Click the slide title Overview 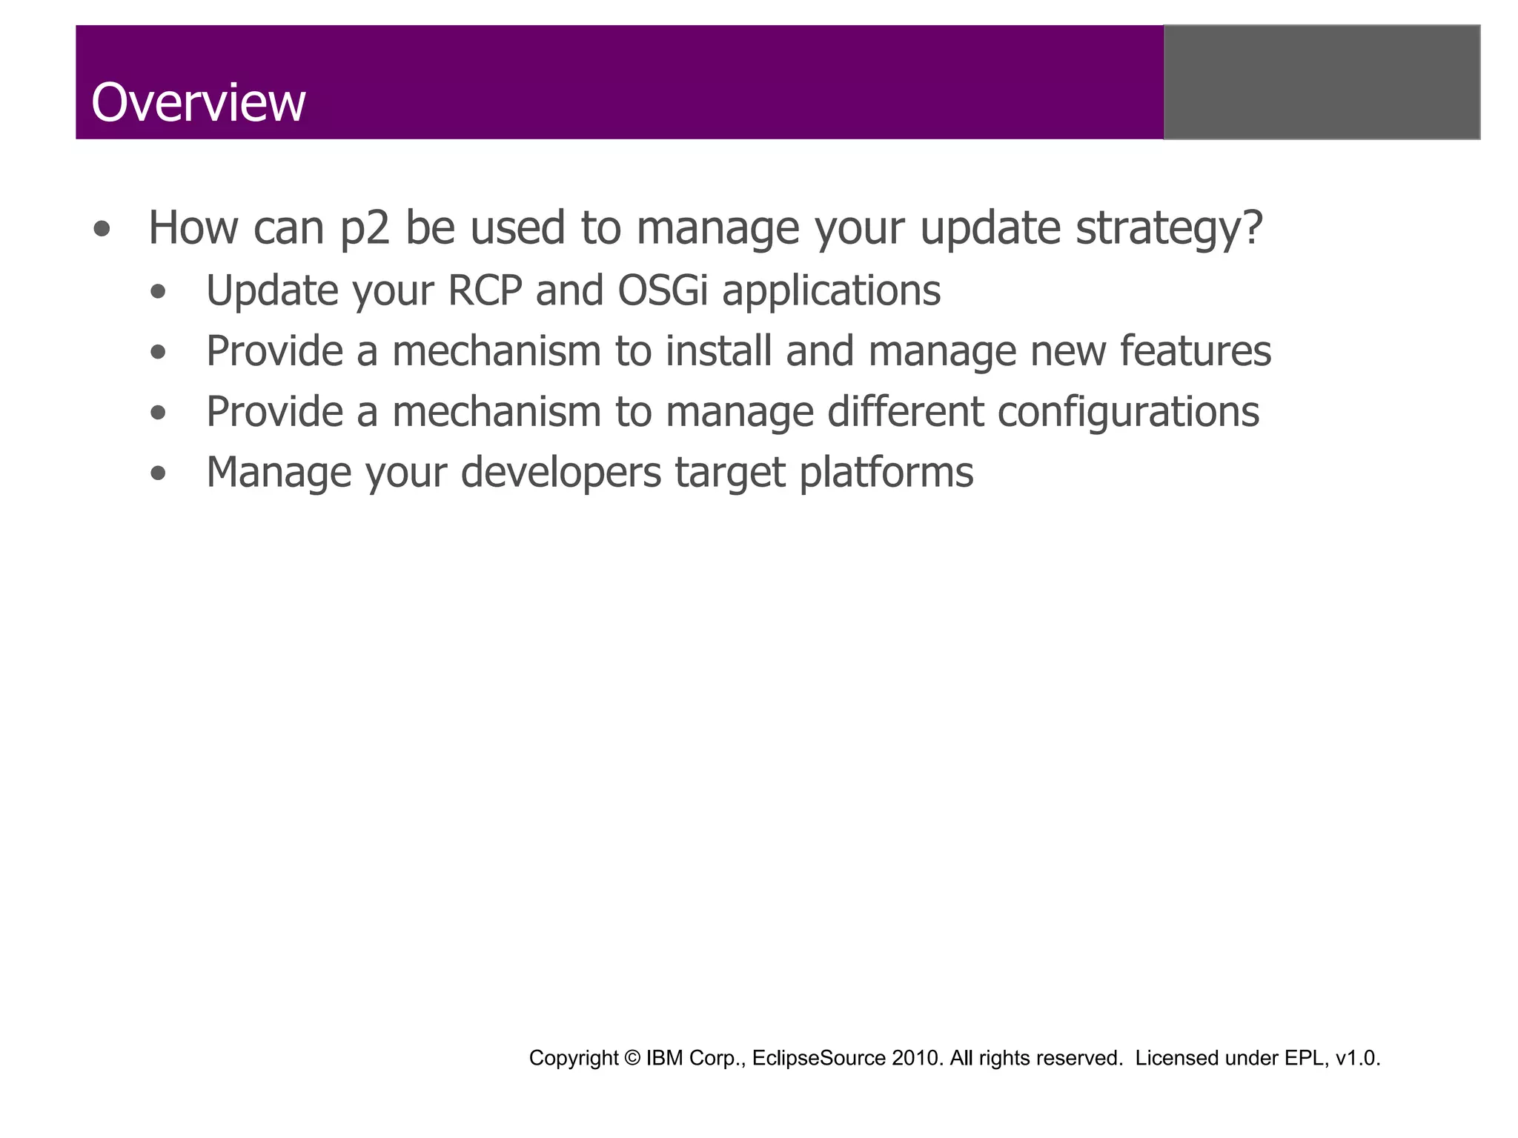(198, 102)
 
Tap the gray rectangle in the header (1322, 82)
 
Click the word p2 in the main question (365, 228)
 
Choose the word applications (831, 291)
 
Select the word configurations (1127, 412)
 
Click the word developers (560, 473)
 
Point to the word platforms (886, 473)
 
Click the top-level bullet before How (102, 229)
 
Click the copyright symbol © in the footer (632, 1058)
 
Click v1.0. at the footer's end (1358, 1058)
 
